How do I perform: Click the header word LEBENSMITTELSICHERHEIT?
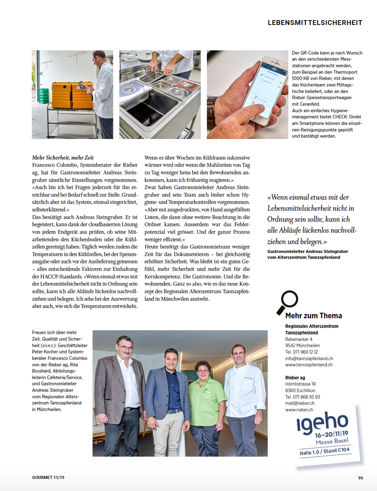click(315, 22)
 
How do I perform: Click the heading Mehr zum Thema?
click(314, 316)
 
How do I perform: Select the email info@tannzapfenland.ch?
click(309, 358)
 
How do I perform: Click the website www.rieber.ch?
click(299, 409)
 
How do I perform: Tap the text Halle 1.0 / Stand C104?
click(324, 452)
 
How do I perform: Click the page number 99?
click(360, 478)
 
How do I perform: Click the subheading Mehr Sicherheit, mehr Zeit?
click(63, 157)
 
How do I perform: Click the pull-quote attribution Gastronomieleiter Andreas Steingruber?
click(307, 252)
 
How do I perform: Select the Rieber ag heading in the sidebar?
click(295, 378)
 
